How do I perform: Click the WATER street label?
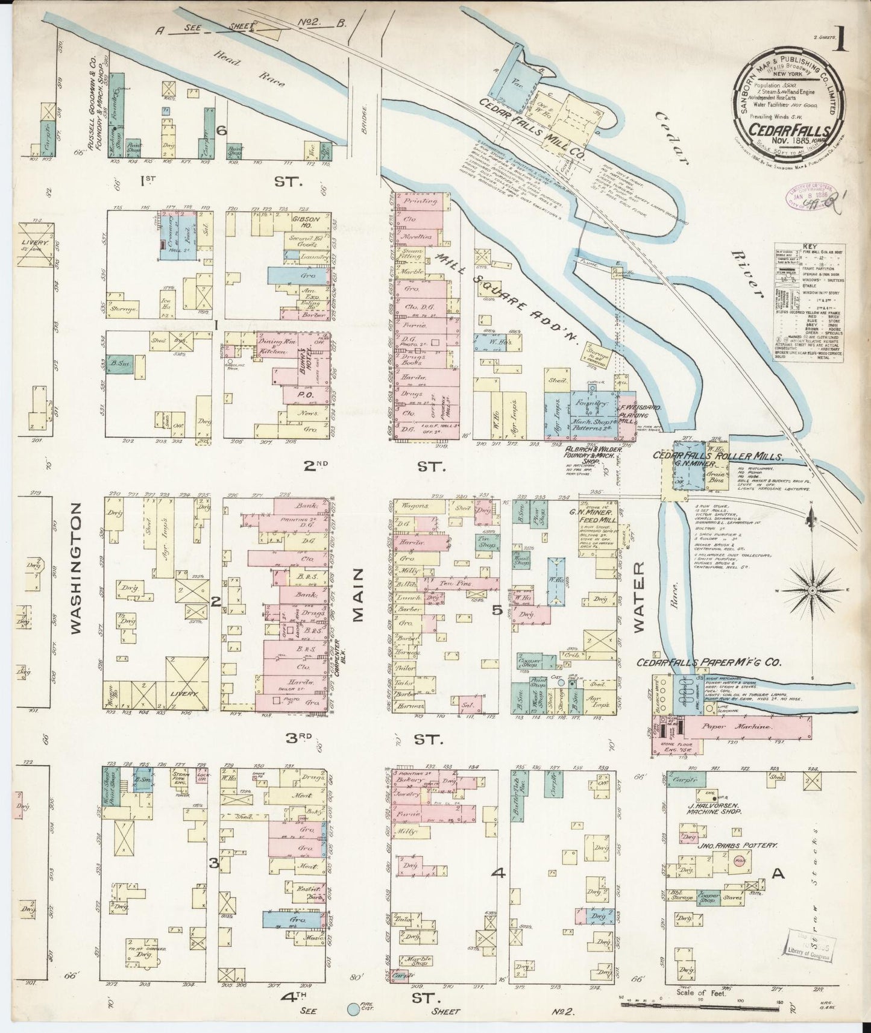[x=640, y=597]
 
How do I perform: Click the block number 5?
[x=498, y=611]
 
